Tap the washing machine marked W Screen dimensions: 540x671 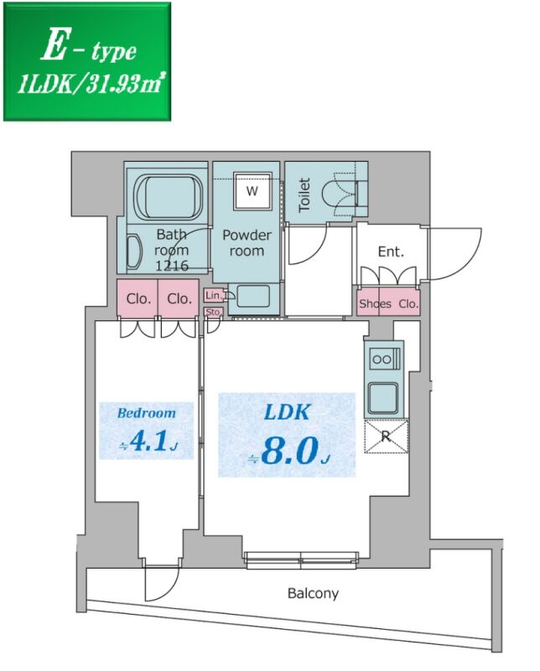click(x=252, y=191)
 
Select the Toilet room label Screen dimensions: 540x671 click(x=304, y=195)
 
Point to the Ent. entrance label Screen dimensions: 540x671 click(x=391, y=252)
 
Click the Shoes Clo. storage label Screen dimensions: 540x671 click(x=388, y=304)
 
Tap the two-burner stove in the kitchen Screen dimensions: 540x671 click(x=385, y=359)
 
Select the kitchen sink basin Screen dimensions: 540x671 click(x=383, y=398)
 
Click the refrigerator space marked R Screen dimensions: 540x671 click(x=386, y=436)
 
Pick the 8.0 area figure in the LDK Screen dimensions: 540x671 click(x=289, y=451)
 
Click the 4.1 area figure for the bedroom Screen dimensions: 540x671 click(x=148, y=441)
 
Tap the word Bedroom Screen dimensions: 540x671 click(x=147, y=413)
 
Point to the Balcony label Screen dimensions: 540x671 click(x=314, y=594)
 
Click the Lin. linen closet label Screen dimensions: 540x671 click(x=214, y=295)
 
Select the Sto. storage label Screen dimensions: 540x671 click(x=213, y=312)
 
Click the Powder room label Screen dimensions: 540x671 click(x=247, y=242)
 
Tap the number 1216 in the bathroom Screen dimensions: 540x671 click(x=172, y=266)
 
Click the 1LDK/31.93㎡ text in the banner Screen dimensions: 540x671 click(x=89, y=85)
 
